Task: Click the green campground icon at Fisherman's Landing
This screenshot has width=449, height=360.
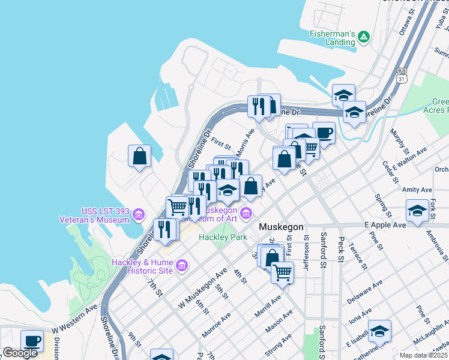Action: pos(364,38)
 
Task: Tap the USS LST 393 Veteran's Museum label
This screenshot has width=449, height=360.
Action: pos(106,215)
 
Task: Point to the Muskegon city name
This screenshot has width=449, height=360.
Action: pos(282,227)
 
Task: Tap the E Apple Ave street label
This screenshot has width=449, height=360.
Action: pos(385,225)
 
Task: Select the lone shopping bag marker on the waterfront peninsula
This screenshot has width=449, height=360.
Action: pos(139,156)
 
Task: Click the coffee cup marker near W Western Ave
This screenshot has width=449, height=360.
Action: pos(32,340)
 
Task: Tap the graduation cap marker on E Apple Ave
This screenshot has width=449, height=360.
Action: pos(417,210)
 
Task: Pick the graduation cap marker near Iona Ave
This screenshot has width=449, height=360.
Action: pos(379,332)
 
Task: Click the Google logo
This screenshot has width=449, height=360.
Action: pos(20,353)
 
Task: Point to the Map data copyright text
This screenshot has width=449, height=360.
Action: pos(423,355)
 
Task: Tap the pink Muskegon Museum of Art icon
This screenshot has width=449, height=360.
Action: pos(246,213)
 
